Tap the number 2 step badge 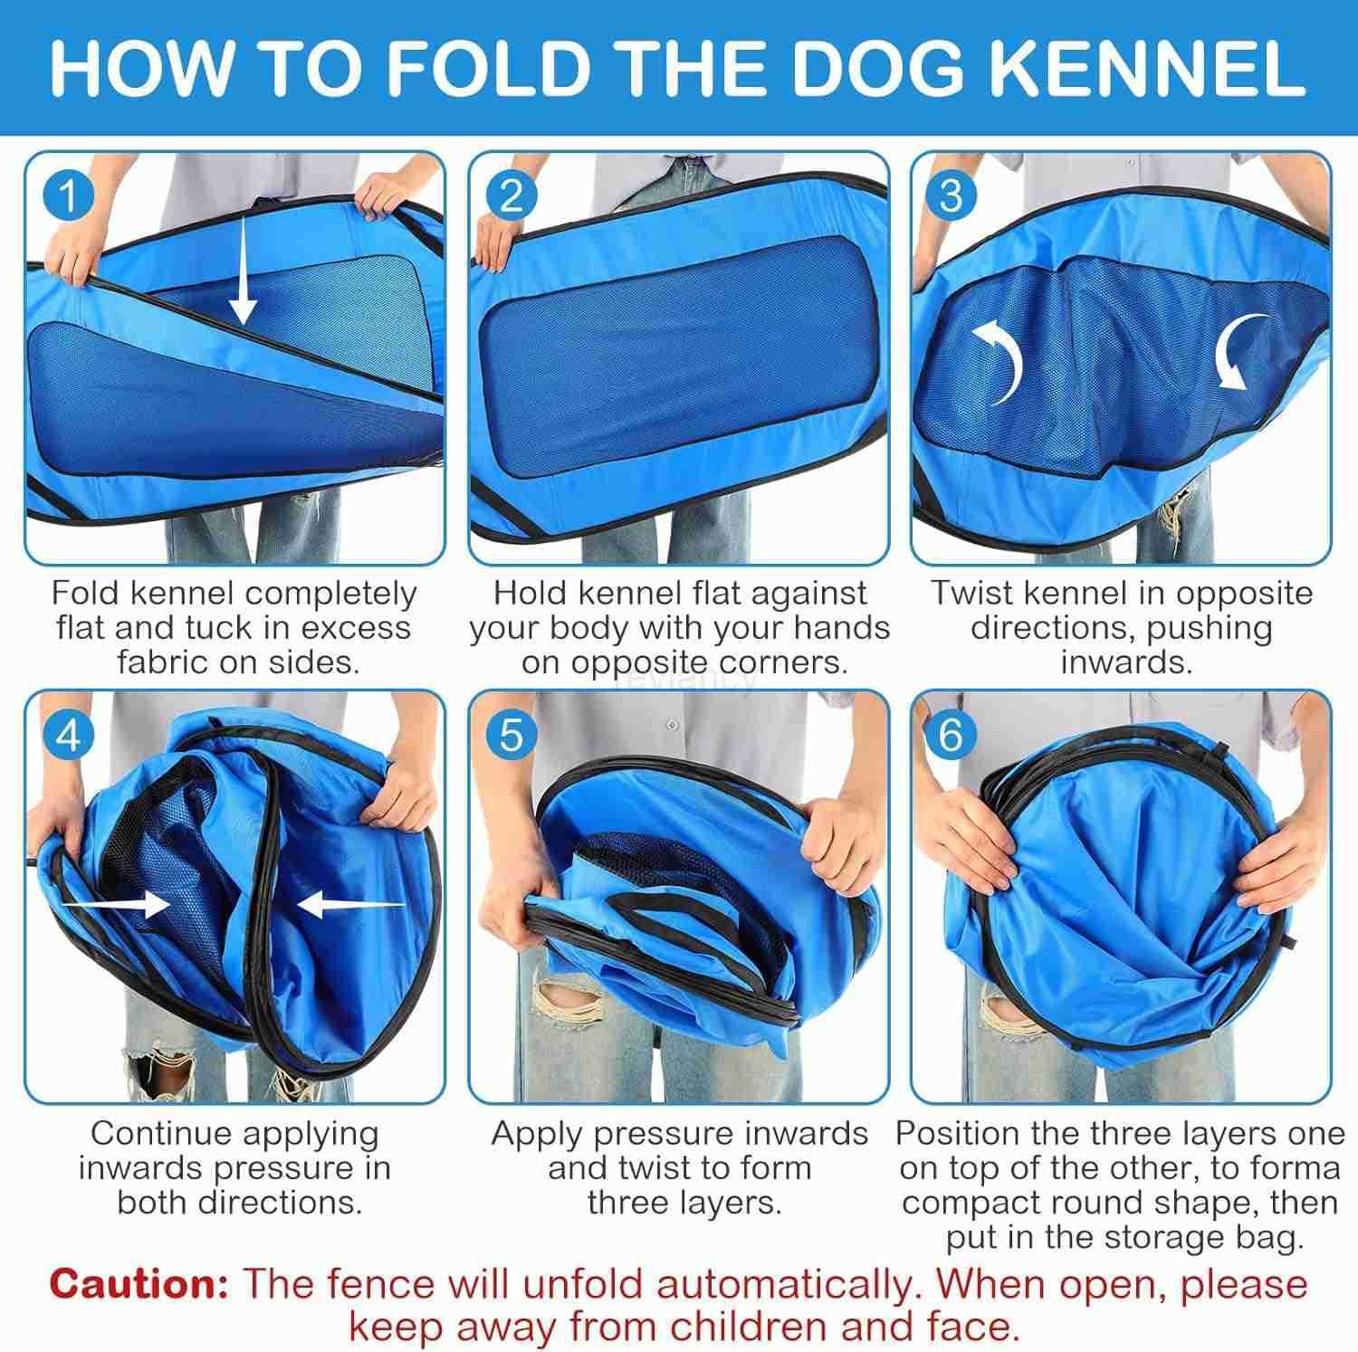pos(511,195)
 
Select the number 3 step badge pos(951,195)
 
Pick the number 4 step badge pos(69,736)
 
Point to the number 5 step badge pos(511,735)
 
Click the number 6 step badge pos(951,735)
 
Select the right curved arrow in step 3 pos(1240,353)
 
